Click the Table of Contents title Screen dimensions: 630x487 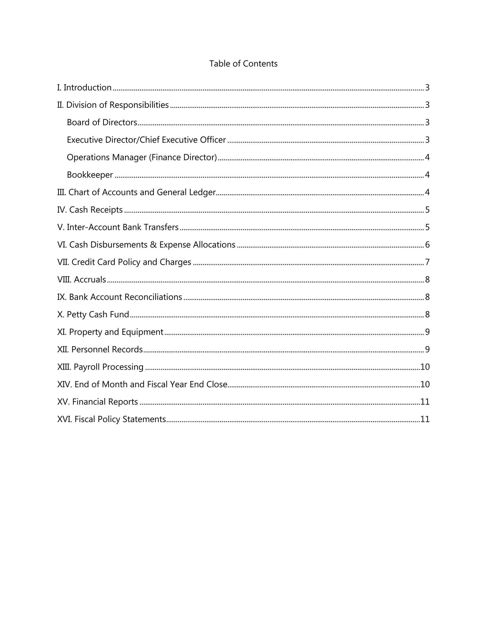pyautogui.click(x=243, y=64)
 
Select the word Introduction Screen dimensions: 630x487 pyautogui.click(x=88, y=87)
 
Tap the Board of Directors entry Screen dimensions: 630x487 pyautogui.click(x=102, y=122)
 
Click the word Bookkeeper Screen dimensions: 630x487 pyautogui.click(x=90, y=175)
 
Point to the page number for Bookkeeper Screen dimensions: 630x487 pyautogui.click(x=427, y=175)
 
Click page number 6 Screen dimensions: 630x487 pyautogui.click(x=427, y=245)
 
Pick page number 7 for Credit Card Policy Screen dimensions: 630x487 pyautogui.click(x=427, y=262)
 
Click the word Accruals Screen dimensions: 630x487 pyautogui.click(x=90, y=280)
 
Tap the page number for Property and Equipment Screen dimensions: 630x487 pyautogui.click(x=427, y=332)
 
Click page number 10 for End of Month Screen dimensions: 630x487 pyautogui.click(x=425, y=384)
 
